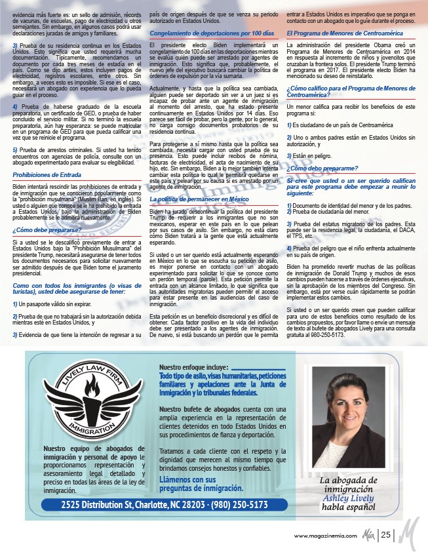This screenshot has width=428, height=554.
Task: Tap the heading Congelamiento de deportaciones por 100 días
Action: (x=207, y=32)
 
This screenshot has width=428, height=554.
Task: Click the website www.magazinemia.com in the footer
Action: (x=325, y=536)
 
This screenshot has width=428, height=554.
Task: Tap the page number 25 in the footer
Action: (x=386, y=535)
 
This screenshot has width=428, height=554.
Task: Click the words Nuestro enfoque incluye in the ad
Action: (x=193, y=367)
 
